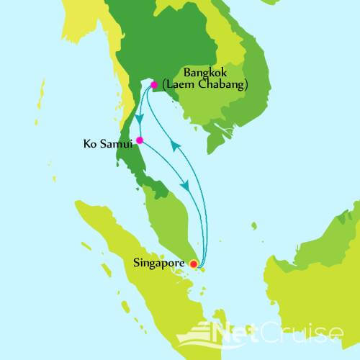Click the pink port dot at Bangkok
153,85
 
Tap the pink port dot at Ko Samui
140,140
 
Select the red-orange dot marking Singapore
193,264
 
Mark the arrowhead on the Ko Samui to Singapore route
186,185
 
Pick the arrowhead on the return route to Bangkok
174,145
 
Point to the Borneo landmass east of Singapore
310,274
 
